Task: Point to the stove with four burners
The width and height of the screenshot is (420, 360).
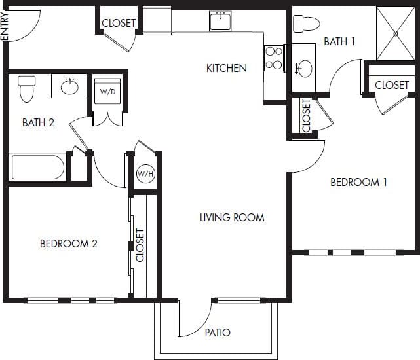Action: coord(274,58)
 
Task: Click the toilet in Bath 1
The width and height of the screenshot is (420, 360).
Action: coord(306,24)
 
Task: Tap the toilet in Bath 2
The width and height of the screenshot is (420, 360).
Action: coord(26,89)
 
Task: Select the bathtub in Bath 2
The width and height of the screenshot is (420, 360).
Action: coord(38,166)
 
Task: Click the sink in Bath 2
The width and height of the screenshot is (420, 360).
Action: coord(69,86)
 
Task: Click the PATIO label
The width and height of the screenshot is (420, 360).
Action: coord(217,333)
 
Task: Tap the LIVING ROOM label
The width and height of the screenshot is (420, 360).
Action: coord(232,217)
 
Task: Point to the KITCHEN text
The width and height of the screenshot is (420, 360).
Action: coord(227,68)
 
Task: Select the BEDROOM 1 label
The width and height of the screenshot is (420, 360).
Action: coord(358,182)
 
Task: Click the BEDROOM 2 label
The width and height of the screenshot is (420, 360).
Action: coord(69,243)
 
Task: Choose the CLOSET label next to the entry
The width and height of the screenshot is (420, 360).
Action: coord(119,23)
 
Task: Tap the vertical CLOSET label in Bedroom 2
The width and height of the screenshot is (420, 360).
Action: coord(140,244)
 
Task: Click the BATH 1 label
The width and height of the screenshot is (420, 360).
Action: coord(339,41)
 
